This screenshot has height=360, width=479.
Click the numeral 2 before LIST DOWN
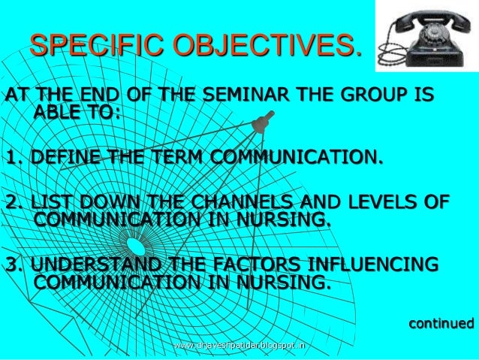(x=10, y=204)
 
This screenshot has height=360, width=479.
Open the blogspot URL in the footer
(x=239, y=346)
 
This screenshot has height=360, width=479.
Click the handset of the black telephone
(x=421, y=17)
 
